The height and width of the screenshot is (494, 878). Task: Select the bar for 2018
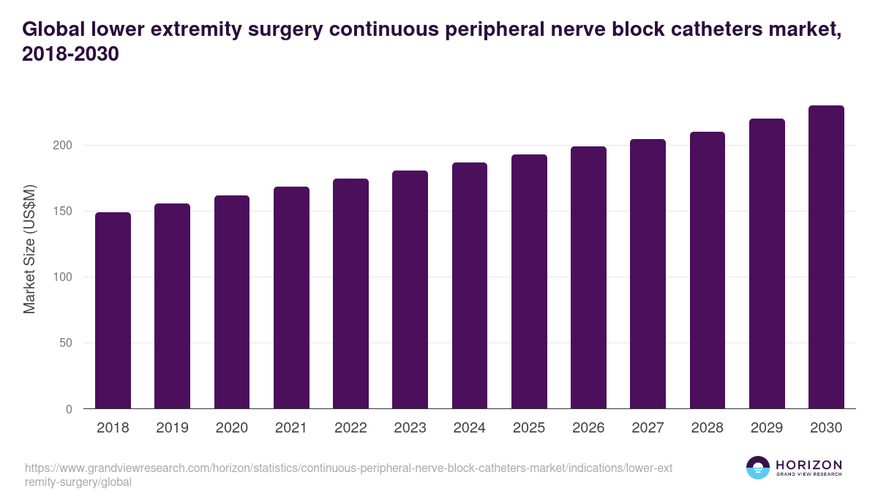pos(113,310)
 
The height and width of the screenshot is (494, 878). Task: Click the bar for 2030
pos(826,257)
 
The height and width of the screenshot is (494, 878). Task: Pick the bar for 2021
pos(291,298)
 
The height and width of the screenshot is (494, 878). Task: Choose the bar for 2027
pos(648,274)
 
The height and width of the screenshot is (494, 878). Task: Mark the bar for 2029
pos(767,263)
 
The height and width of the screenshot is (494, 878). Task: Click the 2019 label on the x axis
pos(172,428)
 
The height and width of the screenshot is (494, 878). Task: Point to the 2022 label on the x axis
pos(350,428)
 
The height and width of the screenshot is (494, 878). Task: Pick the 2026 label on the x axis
pos(588,428)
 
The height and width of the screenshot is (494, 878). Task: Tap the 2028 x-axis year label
pos(708,428)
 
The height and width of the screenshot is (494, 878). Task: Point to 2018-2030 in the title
pos(70,55)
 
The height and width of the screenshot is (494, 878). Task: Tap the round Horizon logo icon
pos(757,468)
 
